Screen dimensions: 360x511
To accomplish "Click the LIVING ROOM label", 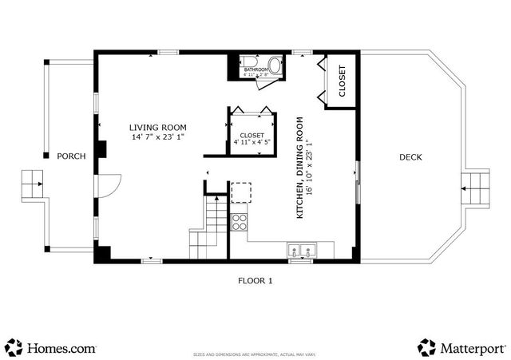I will tap(158, 127).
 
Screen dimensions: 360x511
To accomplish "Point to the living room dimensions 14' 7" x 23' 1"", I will tap(158, 137).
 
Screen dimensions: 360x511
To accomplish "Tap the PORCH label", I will tap(71, 156).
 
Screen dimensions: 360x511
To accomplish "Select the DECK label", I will tap(410, 157).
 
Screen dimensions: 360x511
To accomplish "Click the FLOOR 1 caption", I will tap(255, 280).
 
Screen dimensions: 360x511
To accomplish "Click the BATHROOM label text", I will tap(256, 70).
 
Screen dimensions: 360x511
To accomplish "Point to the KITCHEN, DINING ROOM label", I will tap(300, 168).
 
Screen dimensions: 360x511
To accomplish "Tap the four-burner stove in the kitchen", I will tap(239, 221).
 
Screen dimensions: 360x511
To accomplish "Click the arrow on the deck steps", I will tap(471, 189).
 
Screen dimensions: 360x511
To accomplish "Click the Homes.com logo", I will tap(51, 347).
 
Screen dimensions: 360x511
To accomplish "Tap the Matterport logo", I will tap(461, 347).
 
